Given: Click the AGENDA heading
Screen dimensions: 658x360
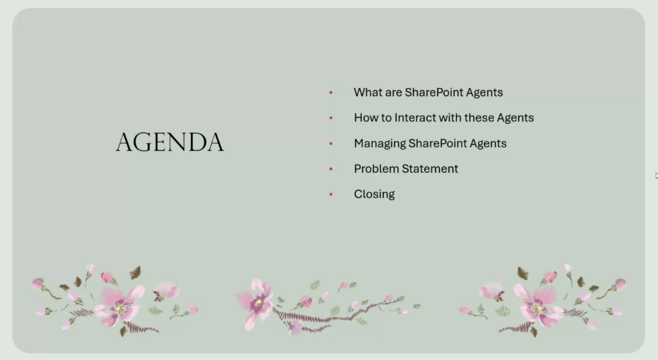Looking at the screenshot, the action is (170, 142).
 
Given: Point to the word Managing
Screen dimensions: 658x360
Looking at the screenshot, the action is (380, 143).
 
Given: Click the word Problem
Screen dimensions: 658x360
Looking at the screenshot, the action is (376, 168).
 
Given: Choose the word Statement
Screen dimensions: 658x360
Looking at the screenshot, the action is (430, 168).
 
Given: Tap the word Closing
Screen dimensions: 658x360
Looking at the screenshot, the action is (375, 194).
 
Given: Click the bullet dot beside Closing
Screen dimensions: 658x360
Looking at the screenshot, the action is (331, 194).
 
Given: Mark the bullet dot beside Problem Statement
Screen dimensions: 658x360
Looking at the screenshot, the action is (331, 168).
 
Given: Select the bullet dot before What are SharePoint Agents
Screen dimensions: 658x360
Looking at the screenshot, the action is (331, 93).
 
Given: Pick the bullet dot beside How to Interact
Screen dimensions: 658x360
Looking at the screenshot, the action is (331, 118).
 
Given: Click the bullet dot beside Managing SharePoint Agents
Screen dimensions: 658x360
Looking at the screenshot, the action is (331, 143).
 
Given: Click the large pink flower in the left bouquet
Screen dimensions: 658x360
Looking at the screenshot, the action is (119, 306).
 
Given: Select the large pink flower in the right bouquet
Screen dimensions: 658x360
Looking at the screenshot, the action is (538, 306).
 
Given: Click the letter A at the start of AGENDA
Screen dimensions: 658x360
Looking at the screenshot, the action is (125, 142).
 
